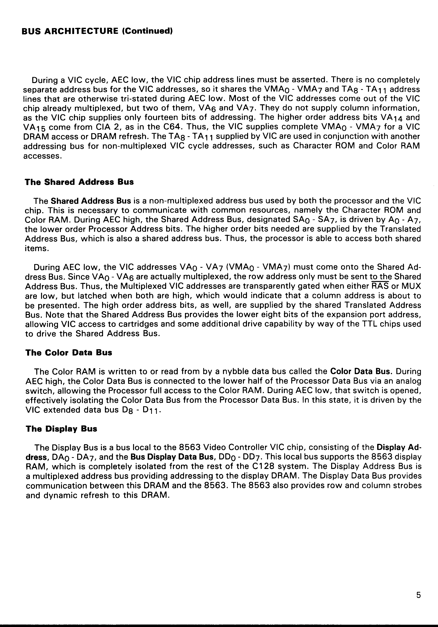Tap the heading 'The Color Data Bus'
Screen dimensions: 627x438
(69, 353)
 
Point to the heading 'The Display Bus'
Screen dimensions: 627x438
(61, 429)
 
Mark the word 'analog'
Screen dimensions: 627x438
(406, 381)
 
